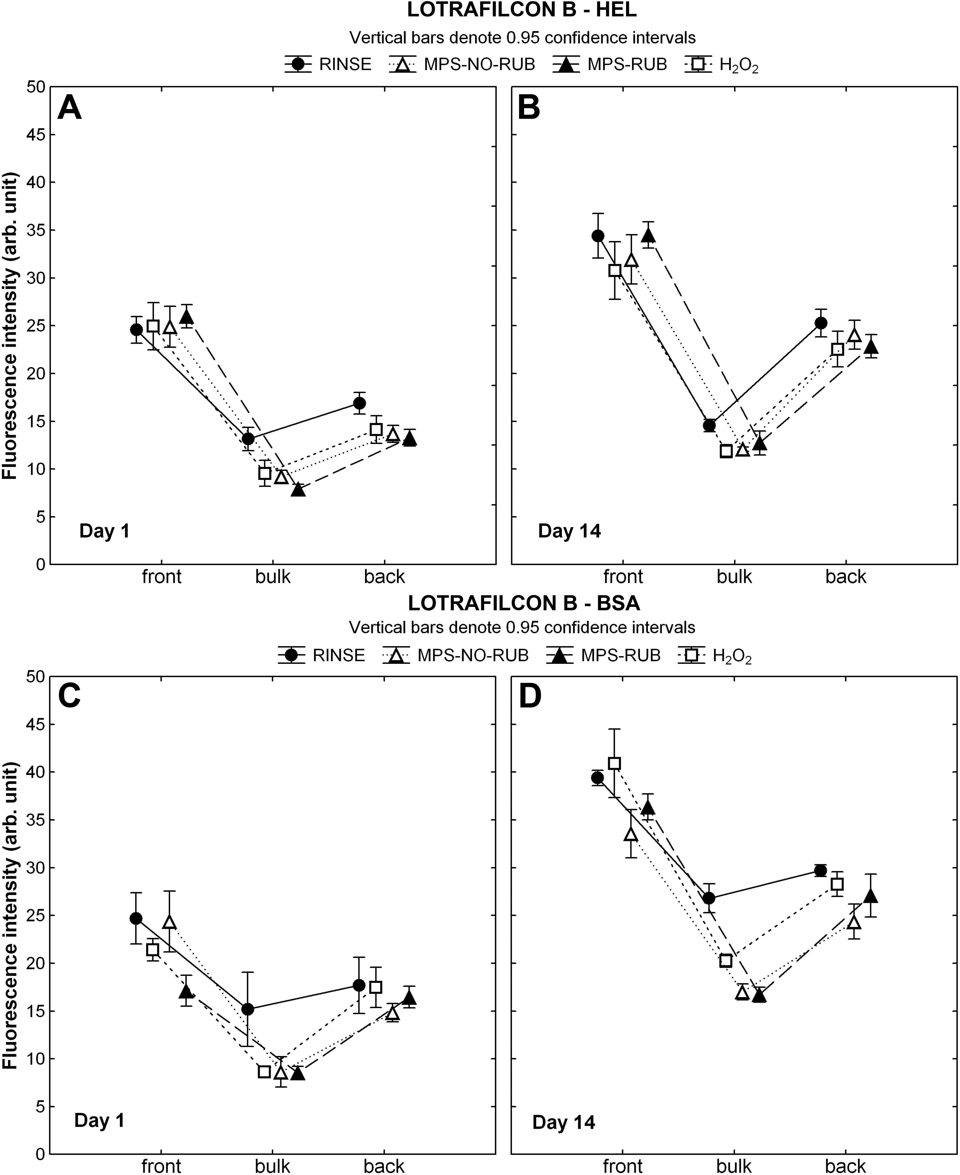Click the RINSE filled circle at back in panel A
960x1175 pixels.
[359, 403]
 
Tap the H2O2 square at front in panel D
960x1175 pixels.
[614, 763]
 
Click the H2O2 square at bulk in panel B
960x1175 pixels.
[726, 451]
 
